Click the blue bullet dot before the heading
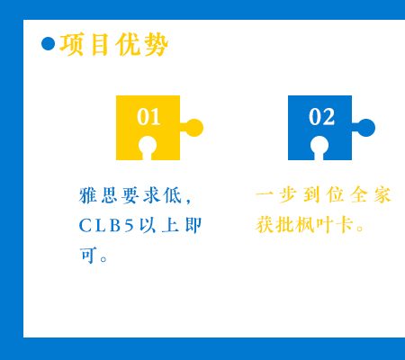point(49,44)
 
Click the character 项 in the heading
point(71,44)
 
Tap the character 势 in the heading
point(156,44)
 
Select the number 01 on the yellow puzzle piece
point(148,117)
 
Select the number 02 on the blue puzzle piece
point(321,117)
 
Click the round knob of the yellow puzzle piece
point(194,128)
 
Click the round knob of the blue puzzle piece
point(366,128)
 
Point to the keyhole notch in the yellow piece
point(148,147)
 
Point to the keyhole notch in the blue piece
point(319,147)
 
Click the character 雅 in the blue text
point(88,195)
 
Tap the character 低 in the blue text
point(173,195)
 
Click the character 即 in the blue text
point(193,225)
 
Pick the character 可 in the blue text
point(88,256)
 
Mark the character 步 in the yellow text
point(288,194)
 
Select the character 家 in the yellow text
point(382,194)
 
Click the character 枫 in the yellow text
point(304,224)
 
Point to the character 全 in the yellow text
point(359,194)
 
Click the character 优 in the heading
point(128,44)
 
